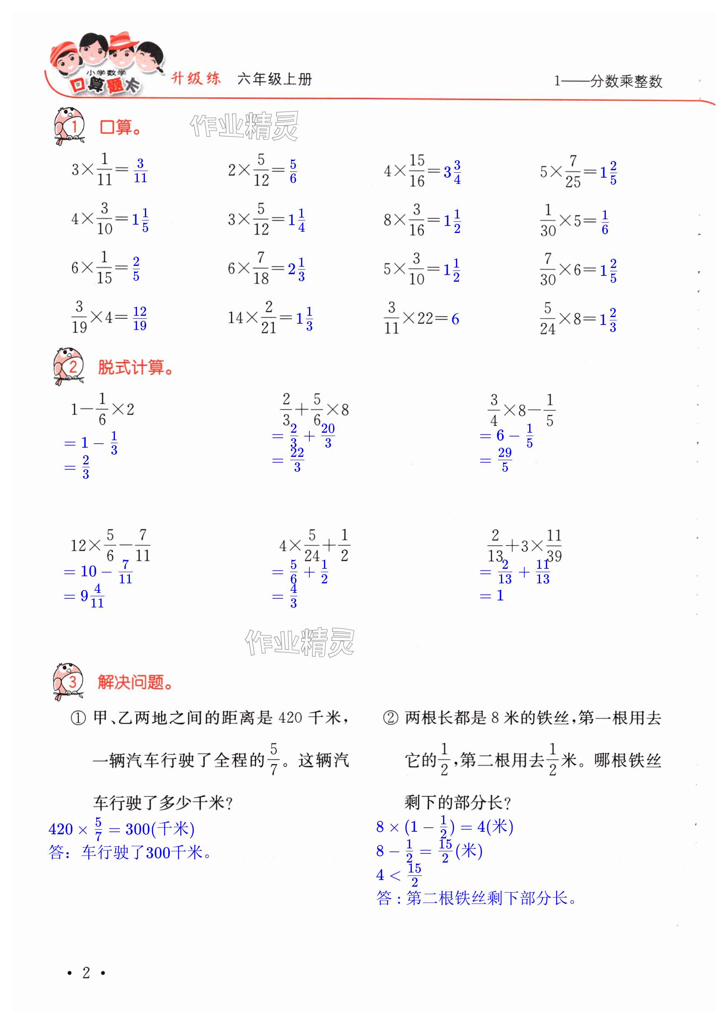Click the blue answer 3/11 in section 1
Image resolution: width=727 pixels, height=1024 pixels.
point(140,171)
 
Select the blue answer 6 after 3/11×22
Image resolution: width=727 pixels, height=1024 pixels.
point(455,319)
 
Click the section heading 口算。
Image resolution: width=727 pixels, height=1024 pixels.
point(120,127)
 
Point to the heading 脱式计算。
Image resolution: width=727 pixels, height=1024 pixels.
point(135,368)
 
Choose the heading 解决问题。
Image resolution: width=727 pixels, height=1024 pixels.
point(135,682)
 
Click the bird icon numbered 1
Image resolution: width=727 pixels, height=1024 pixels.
point(70,126)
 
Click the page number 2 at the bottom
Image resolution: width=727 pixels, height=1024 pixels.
point(86,972)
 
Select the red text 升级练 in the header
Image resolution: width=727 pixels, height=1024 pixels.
point(196,79)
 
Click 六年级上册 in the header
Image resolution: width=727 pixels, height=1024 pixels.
point(274,79)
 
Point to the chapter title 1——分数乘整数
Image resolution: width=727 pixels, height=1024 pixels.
point(608,81)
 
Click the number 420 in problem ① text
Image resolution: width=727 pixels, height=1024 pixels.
point(290,718)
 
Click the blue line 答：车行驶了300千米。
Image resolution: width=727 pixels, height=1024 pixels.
point(130,853)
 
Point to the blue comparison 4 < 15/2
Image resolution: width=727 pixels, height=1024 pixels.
point(398,875)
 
